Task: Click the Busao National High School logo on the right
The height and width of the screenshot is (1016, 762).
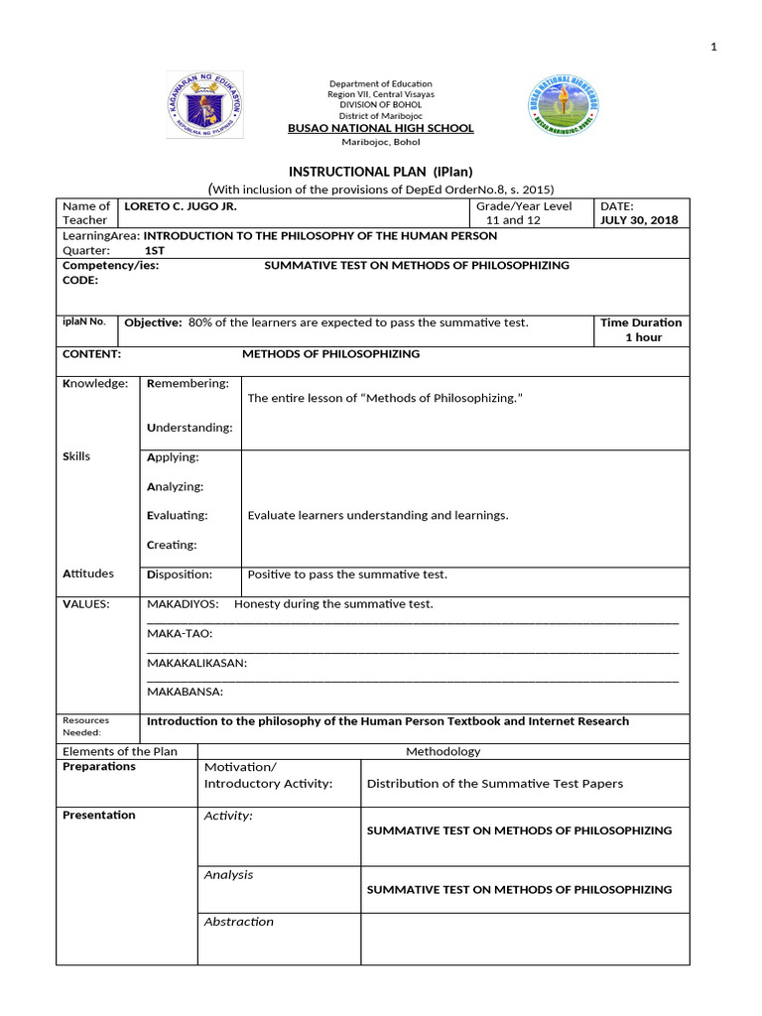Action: pyautogui.click(x=564, y=105)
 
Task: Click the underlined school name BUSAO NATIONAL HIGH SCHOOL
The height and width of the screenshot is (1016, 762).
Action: pyautogui.click(x=380, y=129)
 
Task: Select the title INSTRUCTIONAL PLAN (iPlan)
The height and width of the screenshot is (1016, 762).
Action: pyautogui.click(x=380, y=172)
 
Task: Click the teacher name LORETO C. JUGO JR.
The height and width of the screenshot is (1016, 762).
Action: pyautogui.click(x=180, y=206)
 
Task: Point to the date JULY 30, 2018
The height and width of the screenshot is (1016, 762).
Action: pyautogui.click(x=639, y=220)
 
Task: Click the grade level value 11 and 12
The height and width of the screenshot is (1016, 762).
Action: pyautogui.click(x=513, y=220)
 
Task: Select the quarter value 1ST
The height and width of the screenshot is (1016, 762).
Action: pyautogui.click(x=155, y=251)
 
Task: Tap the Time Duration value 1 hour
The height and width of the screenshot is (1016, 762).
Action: pyautogui.click(x=642, y=337)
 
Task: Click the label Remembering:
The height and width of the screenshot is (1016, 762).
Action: pyautogui.click(x=188, y=383)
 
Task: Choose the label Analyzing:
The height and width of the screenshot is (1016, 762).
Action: pyautogui.click(x=175, y=486)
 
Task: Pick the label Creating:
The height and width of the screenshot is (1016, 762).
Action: pyautogui.click(x=172, y=545)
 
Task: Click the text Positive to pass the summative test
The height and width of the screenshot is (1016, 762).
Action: pyautogui.click(x=347, y=574)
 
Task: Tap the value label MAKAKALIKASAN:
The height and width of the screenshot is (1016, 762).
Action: pyautogui.click(x=196, y=663)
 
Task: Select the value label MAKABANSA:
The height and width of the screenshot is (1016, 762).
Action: pyautogui.click(x=185, y=692)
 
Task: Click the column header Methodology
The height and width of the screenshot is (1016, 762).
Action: pyautogui.click(x=443, y=751)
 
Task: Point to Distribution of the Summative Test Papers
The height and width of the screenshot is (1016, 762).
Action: pyautogui.click(x=495, y=783)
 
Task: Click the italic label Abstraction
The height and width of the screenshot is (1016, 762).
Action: pyautogui.click(x=238, y=922)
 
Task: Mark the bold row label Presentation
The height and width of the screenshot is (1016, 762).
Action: pyautogui.click(x=99, y=815)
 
